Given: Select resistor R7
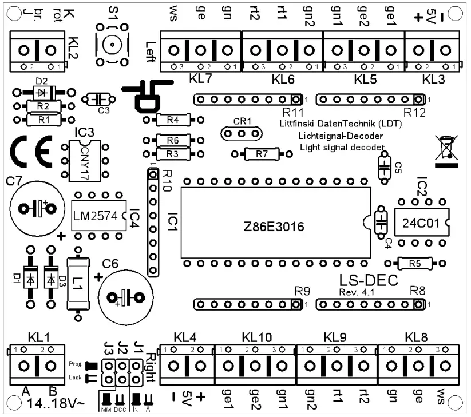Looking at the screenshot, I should (261, 153).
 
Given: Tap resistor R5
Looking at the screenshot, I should (415, 263).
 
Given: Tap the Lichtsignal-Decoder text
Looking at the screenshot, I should (341, 136).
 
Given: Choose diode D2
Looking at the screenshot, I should (41, 92).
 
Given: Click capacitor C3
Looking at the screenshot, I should (96, 100).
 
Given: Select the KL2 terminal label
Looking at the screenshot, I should (73, 43).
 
